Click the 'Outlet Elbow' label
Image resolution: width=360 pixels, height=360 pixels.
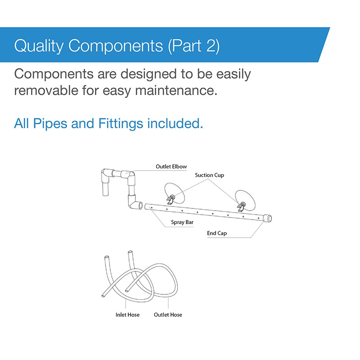[x=171, y=166]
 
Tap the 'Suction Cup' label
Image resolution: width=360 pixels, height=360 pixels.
[x=209, y=175]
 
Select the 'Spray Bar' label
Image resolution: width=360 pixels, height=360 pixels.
[x=182, y=222]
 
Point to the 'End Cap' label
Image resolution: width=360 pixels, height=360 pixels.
[x=217, y=233]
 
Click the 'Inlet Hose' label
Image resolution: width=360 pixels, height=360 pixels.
[x=127, y=315]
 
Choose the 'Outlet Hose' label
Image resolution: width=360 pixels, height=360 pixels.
[x=168, y=315]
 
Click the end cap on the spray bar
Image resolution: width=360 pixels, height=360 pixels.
[x=268, y=218]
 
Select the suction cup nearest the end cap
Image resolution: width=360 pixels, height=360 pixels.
[x=245, y=200]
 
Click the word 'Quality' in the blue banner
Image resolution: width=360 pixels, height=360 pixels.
[x=39, y=46]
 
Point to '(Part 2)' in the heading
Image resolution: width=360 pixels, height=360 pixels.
[x=194, y=46]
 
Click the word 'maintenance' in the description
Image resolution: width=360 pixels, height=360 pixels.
[x=176, y=90]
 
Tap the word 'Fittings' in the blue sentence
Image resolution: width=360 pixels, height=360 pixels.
[x=121, y=123]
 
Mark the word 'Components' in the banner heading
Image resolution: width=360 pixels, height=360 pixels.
[x=116, y=46]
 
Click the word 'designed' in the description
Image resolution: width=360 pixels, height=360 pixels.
[x=148, y=75]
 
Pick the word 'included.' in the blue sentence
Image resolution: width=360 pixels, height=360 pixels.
[x=175, y=123]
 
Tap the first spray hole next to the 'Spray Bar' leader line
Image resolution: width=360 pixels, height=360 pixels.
[x=152, y=208]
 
